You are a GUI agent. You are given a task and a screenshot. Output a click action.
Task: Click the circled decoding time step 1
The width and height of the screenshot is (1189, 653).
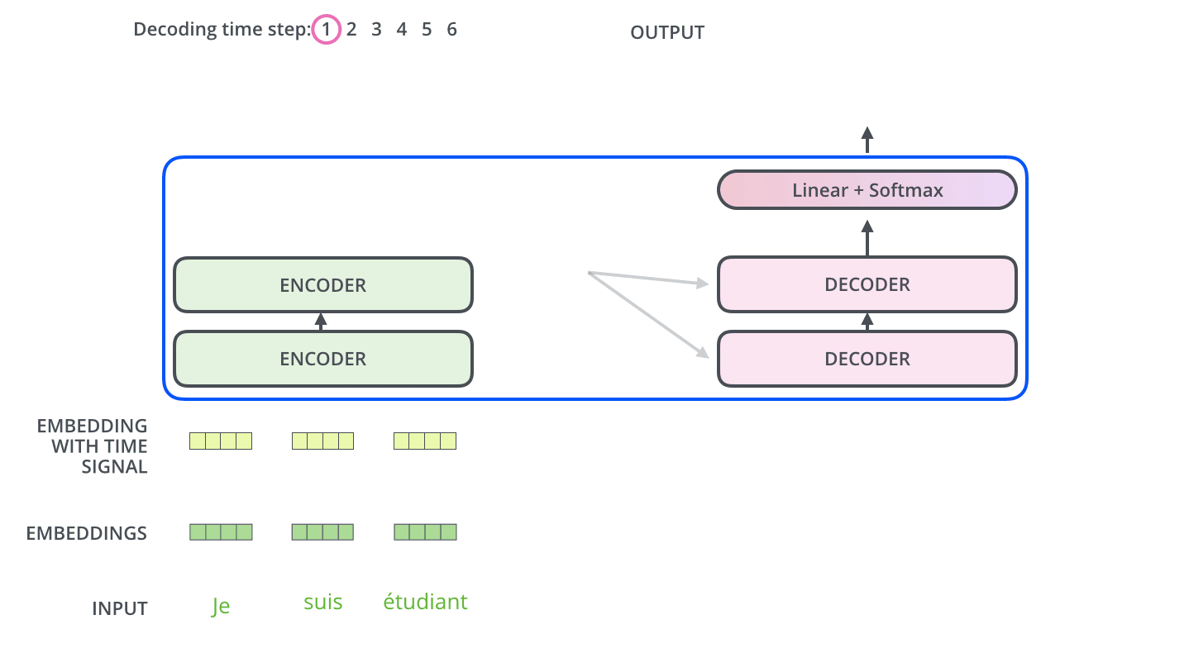327,31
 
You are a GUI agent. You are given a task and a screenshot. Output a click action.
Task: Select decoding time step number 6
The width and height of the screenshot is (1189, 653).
451,30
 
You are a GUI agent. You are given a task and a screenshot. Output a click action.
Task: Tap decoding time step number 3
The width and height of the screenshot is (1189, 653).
376,30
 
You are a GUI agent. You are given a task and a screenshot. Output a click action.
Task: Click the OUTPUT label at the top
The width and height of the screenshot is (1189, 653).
667,33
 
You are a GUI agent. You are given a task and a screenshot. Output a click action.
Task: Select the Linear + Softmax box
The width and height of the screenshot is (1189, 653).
867,190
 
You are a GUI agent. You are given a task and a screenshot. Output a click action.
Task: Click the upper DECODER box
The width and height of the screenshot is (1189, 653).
867,285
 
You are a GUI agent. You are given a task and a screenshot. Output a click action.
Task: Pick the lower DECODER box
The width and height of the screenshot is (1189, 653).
867,359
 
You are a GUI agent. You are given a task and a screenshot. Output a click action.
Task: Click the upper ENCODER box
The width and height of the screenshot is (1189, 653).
322,285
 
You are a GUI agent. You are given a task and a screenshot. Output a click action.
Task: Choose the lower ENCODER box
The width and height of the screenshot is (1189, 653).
322,359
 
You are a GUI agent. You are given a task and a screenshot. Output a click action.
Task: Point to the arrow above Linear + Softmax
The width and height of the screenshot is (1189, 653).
867,140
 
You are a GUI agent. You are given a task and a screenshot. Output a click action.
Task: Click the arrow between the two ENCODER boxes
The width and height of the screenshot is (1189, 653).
322,322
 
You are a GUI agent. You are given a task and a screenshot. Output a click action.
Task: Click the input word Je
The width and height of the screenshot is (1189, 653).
220,606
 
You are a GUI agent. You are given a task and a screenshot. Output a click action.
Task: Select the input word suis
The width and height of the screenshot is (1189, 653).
322,602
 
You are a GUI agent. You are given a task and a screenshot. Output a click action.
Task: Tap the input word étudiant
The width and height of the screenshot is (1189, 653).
425,602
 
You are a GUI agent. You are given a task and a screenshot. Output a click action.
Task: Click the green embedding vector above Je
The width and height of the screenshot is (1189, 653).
221,532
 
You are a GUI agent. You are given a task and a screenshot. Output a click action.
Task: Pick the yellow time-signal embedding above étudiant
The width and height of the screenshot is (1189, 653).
425,441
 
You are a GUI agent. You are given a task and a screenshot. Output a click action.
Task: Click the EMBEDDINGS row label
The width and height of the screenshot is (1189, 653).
87,533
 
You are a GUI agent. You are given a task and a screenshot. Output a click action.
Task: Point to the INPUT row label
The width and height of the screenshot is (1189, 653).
119,609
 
